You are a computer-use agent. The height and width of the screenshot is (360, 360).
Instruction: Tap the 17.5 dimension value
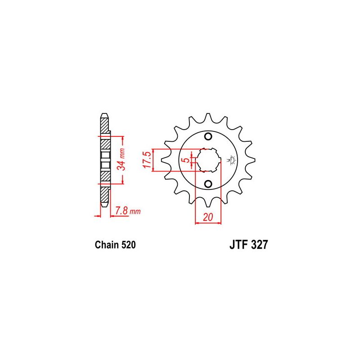[x=147, y=160]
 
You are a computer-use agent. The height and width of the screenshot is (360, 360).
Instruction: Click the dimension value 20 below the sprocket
[x=208, y=217]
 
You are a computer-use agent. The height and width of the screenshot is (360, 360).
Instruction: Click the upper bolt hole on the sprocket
[x=208, y=137]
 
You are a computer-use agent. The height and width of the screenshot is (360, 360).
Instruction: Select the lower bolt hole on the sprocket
[x=208, y=184]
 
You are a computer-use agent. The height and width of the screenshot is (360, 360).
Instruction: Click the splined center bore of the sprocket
[x=208, y=160]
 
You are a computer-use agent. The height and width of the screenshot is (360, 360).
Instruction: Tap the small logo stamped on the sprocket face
[x=233, y=159]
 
